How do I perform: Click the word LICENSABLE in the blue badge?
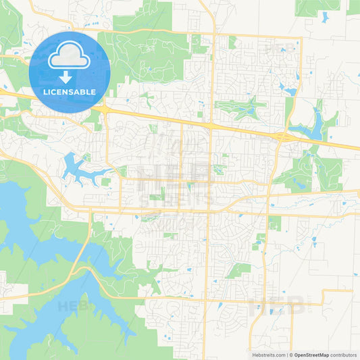70,91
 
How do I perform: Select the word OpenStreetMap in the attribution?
311,355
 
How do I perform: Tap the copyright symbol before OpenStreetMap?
291,355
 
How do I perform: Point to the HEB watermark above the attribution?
277,308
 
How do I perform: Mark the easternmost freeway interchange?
283,137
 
